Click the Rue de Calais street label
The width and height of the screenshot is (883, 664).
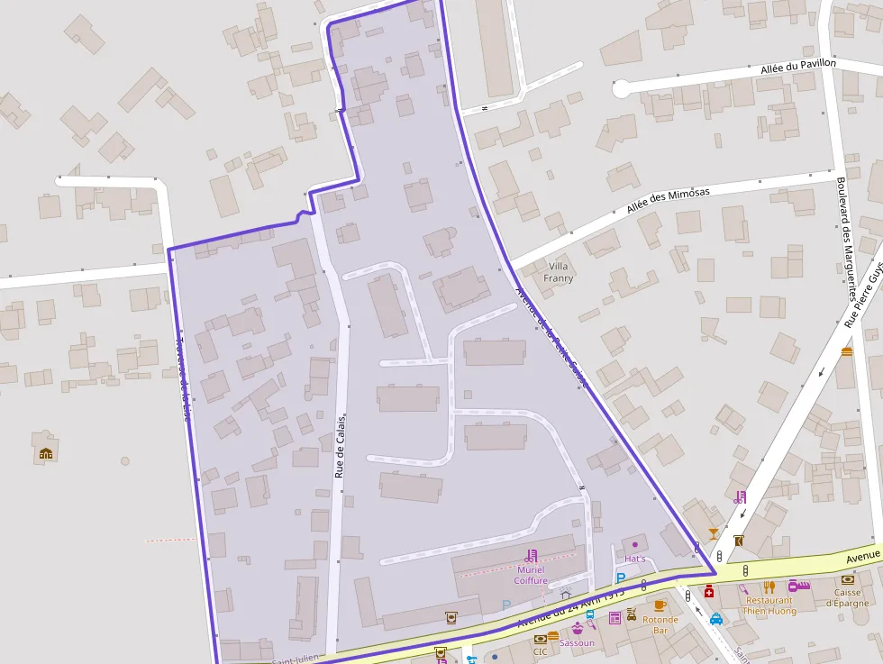pos(341,447)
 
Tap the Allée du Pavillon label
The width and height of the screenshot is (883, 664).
pos(798,67)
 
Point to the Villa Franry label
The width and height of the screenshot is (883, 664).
pos(559,272)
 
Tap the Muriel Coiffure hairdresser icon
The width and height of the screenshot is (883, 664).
pos(531,556)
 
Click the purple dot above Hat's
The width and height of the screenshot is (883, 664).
pos(635,544)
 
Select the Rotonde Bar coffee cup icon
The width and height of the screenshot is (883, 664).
pos(660,605)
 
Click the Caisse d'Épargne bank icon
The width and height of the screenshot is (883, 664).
pos(847,579)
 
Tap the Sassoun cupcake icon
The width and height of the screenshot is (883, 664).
pos(577,629)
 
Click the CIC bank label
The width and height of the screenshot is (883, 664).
pos(540,651)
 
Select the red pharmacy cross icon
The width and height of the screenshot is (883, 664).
pos(709,592)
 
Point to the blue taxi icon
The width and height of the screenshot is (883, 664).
pos(715,619)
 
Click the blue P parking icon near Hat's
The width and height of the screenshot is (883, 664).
pos(620,578)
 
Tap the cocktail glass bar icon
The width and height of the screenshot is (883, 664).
pos(714,533)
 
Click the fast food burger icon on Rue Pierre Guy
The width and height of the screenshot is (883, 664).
pos(846,351)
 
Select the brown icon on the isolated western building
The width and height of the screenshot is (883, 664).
pos(46,453)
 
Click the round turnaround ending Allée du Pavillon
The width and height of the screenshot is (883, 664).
pos(621,88)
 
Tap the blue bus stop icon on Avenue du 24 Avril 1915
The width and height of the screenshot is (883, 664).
pos(589,615)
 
